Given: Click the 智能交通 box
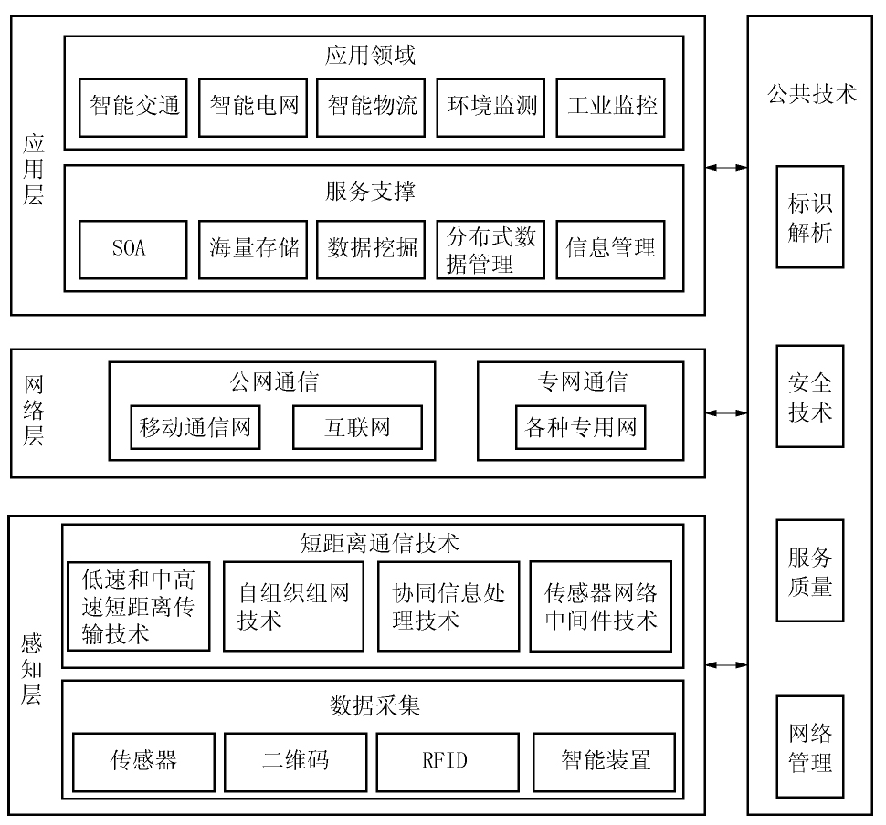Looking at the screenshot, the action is (x=132, y=108).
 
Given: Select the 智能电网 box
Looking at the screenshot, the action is (x=253, y=108).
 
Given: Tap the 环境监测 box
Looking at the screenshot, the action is (x=490, y=108).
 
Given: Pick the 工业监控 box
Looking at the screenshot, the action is (x=610, y=108).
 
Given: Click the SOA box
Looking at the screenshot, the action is (x=132, y=249).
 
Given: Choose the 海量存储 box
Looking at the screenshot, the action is (x=253, y=249).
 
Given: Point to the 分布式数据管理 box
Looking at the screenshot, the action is (x=490, y=249).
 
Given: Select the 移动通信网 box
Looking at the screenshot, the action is (x=195, y=427).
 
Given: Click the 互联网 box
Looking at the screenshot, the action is (x=357, y=427).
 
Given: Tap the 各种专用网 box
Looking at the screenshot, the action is (x=580, y=427).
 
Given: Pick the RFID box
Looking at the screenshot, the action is (x=448, y=762).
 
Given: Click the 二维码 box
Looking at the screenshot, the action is (x=296, y=762).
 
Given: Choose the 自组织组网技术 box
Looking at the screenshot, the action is (x=293, y=606).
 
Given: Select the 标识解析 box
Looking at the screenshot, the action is (x=809, y=217).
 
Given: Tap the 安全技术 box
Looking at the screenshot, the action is (x=809, y=396).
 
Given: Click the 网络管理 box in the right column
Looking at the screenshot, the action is (x=809, y=747).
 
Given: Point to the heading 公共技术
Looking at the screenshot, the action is (x=811, y=94).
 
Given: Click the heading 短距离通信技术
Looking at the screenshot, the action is (x=379, y=543).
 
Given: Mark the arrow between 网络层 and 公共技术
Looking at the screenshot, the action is (x=726, y=413).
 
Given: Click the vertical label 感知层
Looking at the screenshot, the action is (x=32, y=669).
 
